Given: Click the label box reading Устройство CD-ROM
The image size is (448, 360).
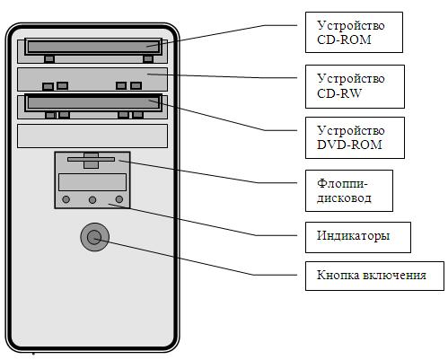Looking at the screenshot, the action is click(x=354, y=32).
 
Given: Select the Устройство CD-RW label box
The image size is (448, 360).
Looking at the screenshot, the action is click(x=355, y=86).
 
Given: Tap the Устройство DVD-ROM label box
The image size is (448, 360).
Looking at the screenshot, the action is click(x=355, y=137).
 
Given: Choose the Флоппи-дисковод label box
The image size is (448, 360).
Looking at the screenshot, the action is click(x=349, y=190).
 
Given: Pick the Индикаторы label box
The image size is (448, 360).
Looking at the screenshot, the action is click(x=358, y=237).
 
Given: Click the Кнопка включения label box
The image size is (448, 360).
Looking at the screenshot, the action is click(x=374, y=276).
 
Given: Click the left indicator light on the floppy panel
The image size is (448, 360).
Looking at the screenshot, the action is click(x=66, y=199).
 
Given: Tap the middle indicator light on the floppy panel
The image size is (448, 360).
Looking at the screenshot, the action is click(x=92, y=200).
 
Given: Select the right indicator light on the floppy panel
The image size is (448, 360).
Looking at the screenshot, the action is click(x=119, y=199).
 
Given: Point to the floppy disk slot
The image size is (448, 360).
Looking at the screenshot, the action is click(x=91, y=160).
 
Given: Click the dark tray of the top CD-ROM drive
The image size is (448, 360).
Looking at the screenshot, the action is click(x=93, y=47).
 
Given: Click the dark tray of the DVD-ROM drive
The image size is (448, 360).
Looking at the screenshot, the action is click(x=93, y=103).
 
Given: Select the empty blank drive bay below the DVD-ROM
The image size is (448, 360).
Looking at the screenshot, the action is click(x=92, y=136).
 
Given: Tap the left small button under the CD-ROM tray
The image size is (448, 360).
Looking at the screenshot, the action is click(x=49, y=59).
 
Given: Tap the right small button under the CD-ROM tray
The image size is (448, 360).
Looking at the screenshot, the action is click(x=148, y=59).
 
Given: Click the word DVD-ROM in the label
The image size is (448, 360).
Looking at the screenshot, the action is click(x=349, y=145).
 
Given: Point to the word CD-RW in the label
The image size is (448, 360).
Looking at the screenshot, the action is click(x=339, y=93).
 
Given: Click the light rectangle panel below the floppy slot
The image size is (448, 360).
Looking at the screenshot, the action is click(x=92, y=182).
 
